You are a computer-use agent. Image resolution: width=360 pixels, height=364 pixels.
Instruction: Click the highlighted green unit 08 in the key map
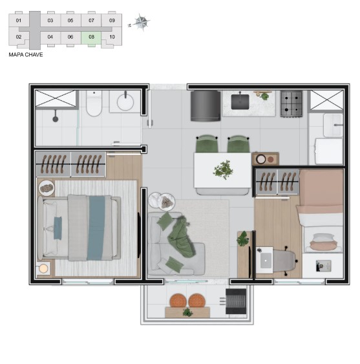click(92, 37)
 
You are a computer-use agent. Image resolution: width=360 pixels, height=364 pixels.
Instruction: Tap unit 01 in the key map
click(19, 21)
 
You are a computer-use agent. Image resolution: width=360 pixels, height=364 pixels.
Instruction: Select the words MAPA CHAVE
click(26, 55)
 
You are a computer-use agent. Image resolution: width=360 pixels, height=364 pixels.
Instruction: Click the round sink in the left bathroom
click(125, 102)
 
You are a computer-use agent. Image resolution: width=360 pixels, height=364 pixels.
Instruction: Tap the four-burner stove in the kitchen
click(291, 103)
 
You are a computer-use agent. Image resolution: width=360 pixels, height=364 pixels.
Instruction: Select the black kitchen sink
click(241, 102)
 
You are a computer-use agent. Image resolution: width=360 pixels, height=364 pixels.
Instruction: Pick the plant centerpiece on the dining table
click(224, 169)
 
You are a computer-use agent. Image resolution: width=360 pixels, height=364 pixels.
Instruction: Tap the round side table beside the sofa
click(161, 202)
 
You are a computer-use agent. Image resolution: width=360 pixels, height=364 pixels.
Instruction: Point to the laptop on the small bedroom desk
click(265, 261)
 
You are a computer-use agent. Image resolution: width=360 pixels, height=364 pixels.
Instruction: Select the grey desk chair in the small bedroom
click(284, 259)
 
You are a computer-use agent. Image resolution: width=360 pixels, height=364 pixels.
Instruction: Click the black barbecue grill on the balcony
click(236, 301)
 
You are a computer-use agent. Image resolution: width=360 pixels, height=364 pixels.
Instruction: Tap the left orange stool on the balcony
click(177, 301)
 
